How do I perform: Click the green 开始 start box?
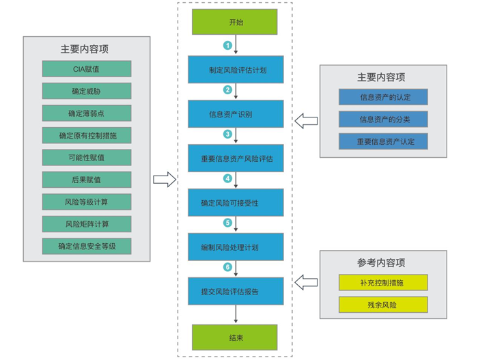coord(236,22)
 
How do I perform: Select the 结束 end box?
coord(236,337)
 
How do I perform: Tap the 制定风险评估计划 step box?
coord(236,69)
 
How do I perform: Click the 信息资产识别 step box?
coord(236,113)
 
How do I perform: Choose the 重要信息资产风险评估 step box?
coord(236,158)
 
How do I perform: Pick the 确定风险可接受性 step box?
coord(236,203)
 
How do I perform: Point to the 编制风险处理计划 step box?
coord(236,247)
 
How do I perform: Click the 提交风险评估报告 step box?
coord(236,291)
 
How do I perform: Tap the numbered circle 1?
coord(228,45)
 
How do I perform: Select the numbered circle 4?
coord(228,178)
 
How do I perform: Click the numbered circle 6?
coord(228,267)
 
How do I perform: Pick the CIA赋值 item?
coord(86,69)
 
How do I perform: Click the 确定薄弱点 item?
coord(86,113)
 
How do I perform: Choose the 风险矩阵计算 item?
coord(86,224)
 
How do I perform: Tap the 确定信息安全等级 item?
coord(86,246)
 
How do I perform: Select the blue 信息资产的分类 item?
coord(384,120)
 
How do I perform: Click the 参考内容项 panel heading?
coord(381,262)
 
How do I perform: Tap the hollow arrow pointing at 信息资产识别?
coord(307,122)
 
